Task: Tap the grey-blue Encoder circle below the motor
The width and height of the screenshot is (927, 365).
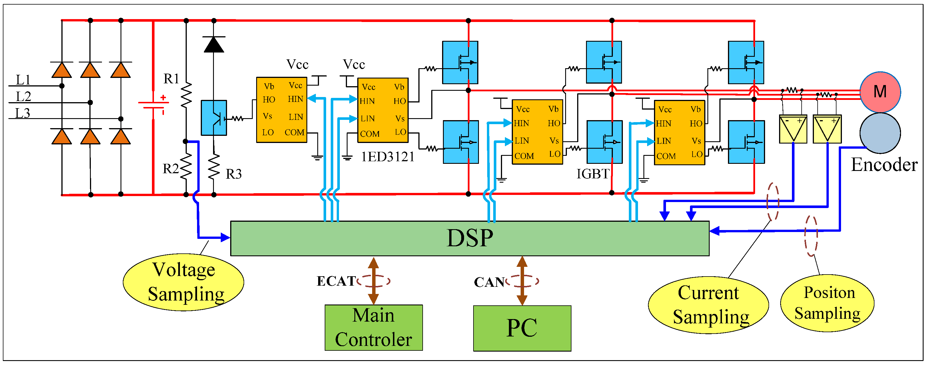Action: pos(880,133)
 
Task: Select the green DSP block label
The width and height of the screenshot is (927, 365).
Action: pos(469,238)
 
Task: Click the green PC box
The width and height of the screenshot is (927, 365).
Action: pos(522,328)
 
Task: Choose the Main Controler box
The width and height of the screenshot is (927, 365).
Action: pos(374,328)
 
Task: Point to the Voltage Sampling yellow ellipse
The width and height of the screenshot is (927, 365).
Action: pos(184,282)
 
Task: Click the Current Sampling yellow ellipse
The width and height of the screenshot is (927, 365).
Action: pos(708,305)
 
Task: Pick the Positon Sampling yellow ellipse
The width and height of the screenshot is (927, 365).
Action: pos(827,303)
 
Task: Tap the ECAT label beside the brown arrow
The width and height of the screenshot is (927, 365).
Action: pos(336,281)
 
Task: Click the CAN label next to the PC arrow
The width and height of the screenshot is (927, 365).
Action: pos(489,282)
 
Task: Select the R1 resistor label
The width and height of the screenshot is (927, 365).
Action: pos(171,79)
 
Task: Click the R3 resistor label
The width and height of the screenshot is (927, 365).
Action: pos(234,174)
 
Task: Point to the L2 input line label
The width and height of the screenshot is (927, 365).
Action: pos(23,96)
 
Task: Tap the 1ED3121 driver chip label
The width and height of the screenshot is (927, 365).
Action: pos(388,157)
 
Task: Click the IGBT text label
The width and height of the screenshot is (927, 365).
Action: pos(592,174)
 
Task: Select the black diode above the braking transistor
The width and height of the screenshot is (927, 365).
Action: pos(214,45)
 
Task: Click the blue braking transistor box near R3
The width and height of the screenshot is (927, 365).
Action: pos(214,118)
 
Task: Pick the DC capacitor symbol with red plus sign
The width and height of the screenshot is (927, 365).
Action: pos(154,104)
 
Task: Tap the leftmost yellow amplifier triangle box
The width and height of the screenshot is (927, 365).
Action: pos(793,129)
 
